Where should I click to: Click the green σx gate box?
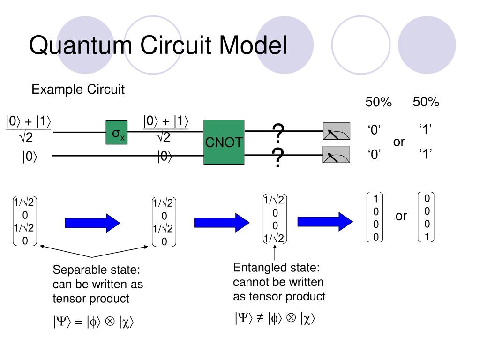117,133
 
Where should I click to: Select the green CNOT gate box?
224,142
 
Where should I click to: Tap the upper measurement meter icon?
337,131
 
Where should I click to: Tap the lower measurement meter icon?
337,154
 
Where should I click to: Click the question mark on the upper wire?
278,133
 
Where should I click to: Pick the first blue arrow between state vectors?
92,223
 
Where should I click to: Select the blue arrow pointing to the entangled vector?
222,223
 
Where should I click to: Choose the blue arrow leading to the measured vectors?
325,221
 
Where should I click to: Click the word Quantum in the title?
81,45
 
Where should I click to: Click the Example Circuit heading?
78,90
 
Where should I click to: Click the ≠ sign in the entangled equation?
260,318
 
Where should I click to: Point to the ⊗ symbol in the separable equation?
110,321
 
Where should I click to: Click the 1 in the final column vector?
427,237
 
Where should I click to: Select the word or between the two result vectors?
401,216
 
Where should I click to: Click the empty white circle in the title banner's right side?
361,45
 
